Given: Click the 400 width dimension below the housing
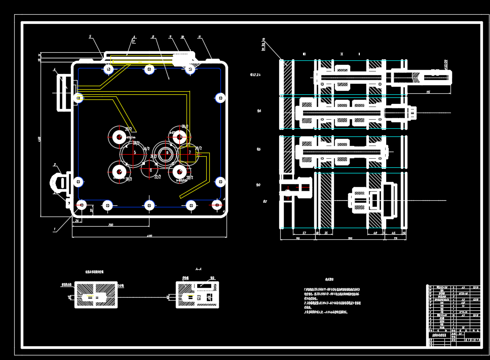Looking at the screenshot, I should [x=149, y=236].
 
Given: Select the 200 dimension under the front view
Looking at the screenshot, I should [x=110, y=225].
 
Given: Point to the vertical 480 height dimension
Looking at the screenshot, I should [x=40, y=138].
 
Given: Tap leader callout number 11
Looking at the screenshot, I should [x=200, y=37].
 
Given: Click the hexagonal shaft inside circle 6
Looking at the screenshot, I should [x=167, y=153].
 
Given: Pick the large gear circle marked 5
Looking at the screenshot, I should [x=134, y=153].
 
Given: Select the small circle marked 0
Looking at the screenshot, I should [x=150, y=170].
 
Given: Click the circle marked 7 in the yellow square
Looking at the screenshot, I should [x=189, y=153].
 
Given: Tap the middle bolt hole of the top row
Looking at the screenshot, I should [x=148, y=69].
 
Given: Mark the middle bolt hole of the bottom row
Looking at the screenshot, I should [x=149, y=205].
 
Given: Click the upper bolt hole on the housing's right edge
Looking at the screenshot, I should [x=220, y=98].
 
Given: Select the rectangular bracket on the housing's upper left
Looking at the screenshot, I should [x=63, y=92].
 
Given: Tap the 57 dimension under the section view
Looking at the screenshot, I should [x=304, y=233].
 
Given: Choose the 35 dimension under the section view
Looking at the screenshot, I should [x=326, y=233].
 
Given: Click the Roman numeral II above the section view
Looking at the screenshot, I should [x=342, y=54].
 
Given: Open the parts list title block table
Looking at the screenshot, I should [x=453, y=315].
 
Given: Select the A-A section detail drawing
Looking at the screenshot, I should [x=197, y=295].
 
